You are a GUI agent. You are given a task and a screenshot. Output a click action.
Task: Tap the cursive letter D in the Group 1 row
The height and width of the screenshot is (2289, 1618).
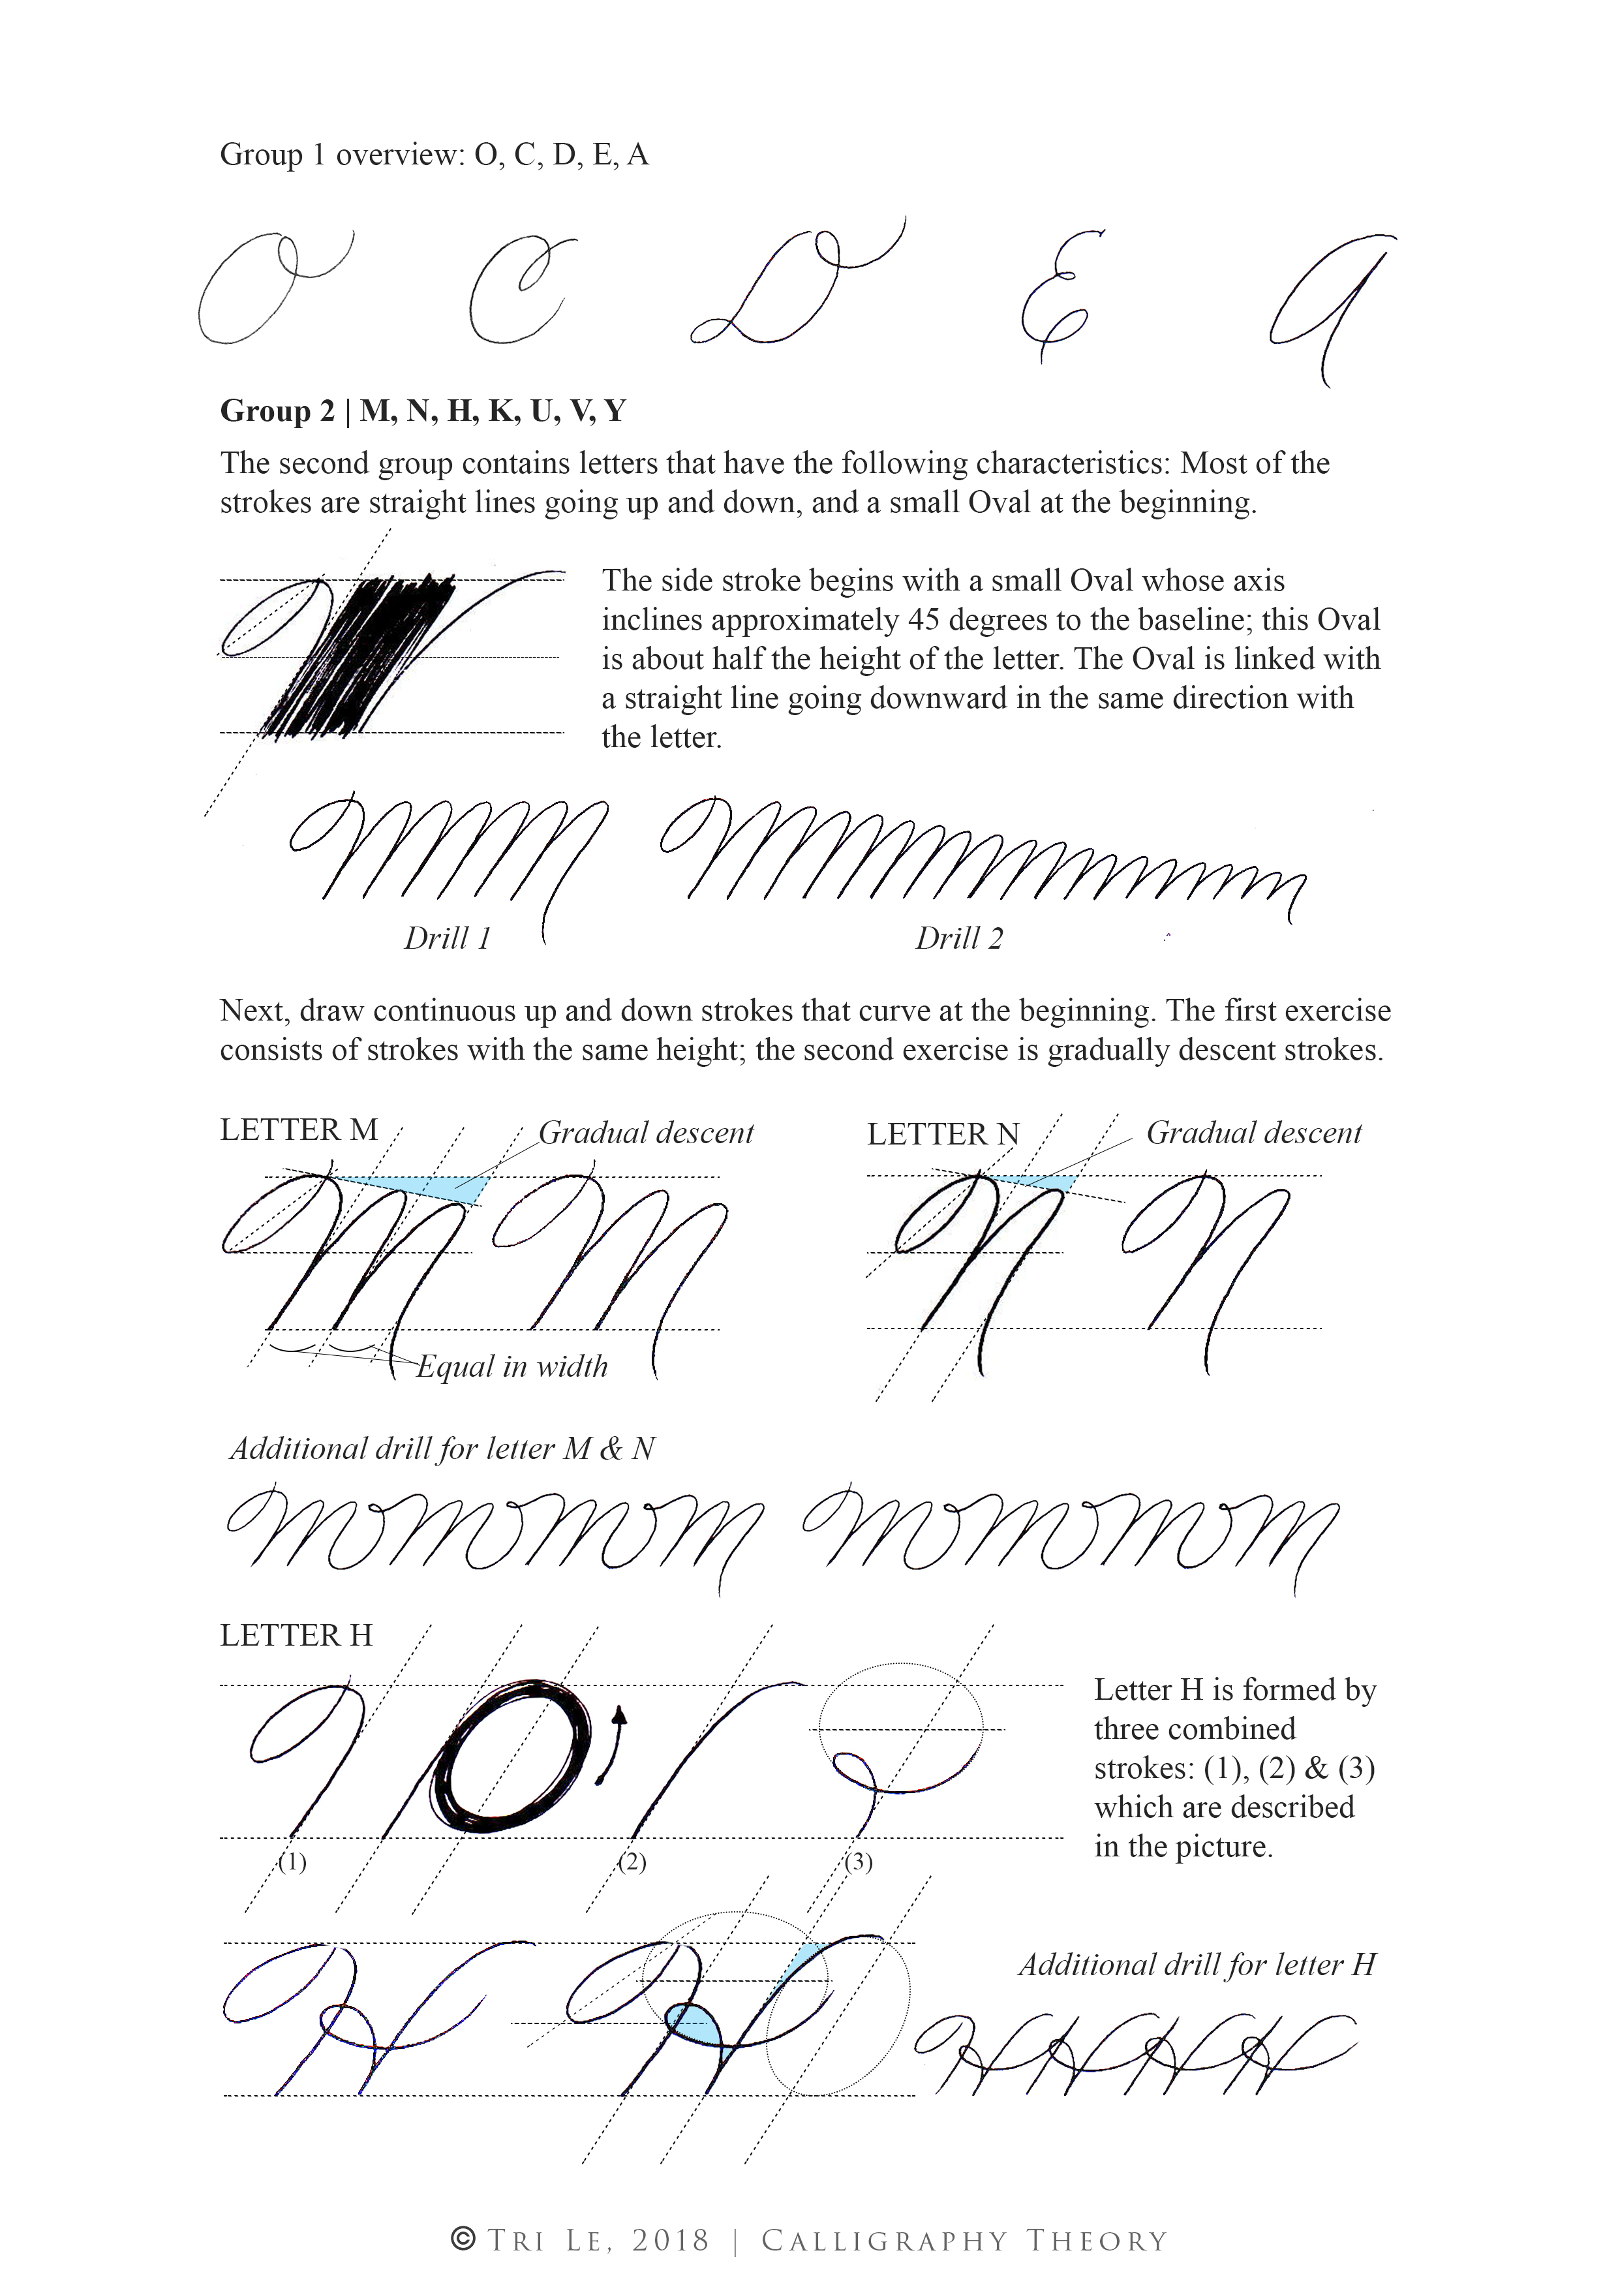pos(797,289)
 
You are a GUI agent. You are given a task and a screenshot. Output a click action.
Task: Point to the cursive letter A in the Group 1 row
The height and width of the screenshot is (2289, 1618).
pos(1331,299)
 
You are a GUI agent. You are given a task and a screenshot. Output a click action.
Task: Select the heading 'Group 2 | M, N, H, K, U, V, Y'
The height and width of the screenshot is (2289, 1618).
pos(423,410)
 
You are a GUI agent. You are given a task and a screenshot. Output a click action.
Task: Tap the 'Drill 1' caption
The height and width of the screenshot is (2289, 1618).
pos(447,938)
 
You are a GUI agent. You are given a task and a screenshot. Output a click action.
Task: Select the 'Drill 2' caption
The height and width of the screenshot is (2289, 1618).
pos(959,938)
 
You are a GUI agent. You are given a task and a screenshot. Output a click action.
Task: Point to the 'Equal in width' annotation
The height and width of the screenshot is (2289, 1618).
pos(511,1366)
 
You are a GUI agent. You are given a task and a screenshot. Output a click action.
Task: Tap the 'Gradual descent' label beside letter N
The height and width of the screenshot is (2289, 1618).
pos(1253,1133)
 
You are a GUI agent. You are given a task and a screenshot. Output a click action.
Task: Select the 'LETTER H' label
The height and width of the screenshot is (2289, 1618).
pos(296,1635)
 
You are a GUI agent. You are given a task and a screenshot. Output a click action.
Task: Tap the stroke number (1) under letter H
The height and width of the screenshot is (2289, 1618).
pos(292,1862)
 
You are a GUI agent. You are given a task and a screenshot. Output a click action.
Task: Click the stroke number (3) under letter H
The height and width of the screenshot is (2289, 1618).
pos(859,1862)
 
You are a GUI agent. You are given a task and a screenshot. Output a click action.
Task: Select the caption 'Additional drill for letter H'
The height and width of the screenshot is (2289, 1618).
pos(1197,1964)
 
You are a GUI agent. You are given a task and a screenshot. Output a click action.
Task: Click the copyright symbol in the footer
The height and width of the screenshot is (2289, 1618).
pos(464,2239)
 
